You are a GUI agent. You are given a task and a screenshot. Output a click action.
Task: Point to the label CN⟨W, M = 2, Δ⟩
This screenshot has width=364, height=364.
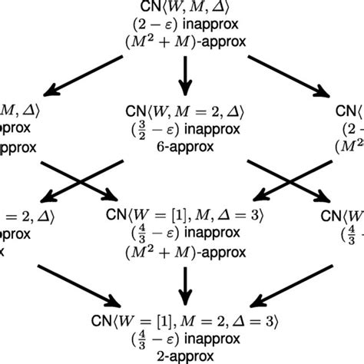click(183, 111)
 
